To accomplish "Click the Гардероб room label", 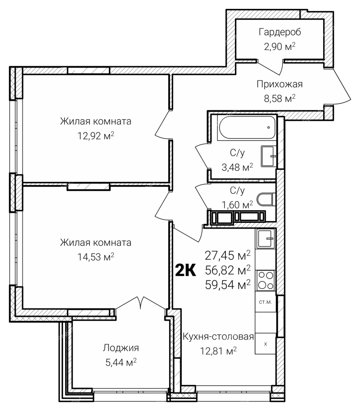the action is [280, 32].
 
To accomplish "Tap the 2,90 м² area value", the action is [280, 47].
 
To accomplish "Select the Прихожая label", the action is [279, 84].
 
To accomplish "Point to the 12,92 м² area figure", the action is [96, 136].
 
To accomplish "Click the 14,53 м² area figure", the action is [96, 257].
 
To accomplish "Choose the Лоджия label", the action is [121, 348].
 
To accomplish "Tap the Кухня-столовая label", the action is [218, 337].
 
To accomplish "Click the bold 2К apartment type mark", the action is [185, 271].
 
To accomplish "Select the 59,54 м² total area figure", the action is [228, 285].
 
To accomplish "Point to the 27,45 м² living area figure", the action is [228, 255].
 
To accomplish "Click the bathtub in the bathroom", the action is [247, 128].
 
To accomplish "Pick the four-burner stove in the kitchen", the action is [265, 280].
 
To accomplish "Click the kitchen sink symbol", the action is [265, 239].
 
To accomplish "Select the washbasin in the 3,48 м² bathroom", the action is [269, 157].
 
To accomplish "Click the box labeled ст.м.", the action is [265, 302].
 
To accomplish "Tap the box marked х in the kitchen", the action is [265, 343].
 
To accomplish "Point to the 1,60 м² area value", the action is [238, 204].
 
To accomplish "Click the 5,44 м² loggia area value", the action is [121, 362].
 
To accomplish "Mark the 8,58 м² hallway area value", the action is [279, 99].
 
